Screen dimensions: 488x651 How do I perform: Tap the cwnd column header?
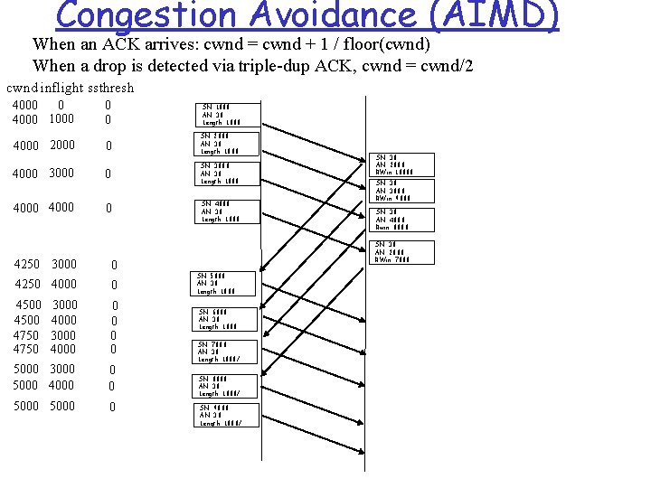(x=21, y=88)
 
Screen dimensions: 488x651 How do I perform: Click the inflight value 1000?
(x=61, y=119)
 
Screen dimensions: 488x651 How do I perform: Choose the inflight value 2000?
(x=61, y=145)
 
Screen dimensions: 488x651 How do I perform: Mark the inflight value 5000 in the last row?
(x=61, y=407)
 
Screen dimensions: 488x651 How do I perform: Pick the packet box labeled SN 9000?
(x=227, y=415)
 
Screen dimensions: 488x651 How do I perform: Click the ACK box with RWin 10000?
(x=403, y=164)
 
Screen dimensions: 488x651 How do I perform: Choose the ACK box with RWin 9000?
(x=403, y=191)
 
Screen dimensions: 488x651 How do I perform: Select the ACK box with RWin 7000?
(x=403, y=252)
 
